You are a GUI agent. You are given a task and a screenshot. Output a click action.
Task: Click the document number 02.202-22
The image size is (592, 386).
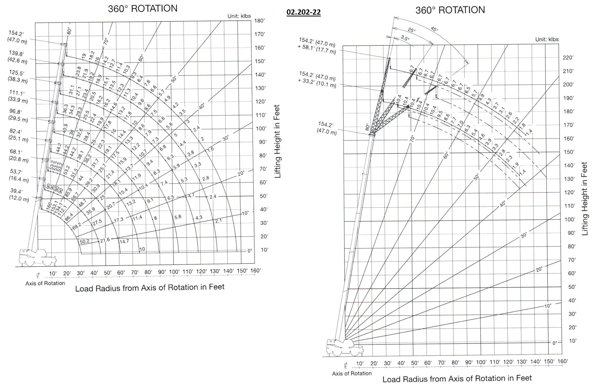pos(303,12)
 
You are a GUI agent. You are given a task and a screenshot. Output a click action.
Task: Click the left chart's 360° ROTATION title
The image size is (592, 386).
pos(143,9)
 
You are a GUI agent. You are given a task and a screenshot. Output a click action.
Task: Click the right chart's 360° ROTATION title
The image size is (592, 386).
pos(450,10)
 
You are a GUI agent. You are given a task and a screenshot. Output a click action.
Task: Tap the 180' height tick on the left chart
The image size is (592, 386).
pos(259,21)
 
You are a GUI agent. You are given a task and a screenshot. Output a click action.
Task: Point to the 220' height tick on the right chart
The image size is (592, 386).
pos(568,58)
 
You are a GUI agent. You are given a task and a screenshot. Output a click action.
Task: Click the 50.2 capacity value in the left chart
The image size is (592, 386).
pos(84,242)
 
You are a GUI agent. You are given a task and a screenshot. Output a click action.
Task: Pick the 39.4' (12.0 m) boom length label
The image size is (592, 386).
pos(19,195)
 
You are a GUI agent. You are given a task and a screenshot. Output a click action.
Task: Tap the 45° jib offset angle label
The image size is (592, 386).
pos(434,29)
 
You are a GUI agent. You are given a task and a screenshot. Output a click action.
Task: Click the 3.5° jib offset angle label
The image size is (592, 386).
pos(405,38)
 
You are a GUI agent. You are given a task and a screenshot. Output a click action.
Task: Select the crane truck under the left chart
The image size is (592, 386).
pos(37,257)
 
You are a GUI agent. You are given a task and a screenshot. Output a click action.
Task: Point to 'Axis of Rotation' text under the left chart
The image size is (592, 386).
pos(45,283)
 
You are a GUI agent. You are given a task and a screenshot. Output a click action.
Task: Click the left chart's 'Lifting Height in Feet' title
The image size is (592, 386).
pos(277,141)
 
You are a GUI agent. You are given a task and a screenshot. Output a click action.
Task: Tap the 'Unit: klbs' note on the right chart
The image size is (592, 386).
pos(547,39)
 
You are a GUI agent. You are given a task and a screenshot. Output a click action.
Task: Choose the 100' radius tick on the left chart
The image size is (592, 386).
pos(174,272)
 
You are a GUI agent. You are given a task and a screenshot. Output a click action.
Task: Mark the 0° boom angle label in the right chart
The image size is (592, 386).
pos(554,343)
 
